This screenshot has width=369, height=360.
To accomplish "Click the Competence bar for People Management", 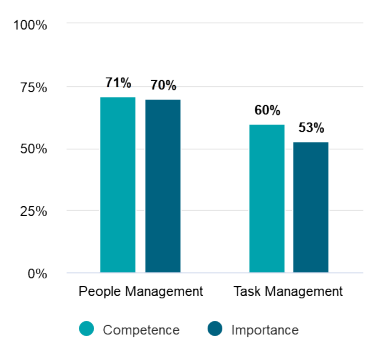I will point(117,185).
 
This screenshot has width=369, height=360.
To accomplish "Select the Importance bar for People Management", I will point(162,186).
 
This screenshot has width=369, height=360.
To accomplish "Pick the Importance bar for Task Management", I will point(310,207).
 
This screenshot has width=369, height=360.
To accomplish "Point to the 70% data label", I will point(163,85).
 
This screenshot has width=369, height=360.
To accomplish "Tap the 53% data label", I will point(311,128).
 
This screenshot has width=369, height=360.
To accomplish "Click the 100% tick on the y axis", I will point(29,25).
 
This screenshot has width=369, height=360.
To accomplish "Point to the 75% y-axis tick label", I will point(33,87).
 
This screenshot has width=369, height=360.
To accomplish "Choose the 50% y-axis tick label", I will point(33,149).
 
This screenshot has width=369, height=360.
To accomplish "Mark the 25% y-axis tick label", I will point(33,211).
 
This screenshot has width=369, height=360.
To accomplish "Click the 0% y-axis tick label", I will point(37,273).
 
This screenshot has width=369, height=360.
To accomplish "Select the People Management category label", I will point(140,292).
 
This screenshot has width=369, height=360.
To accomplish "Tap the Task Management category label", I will point(288,292).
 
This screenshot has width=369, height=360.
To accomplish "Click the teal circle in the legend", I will point(87,329).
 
